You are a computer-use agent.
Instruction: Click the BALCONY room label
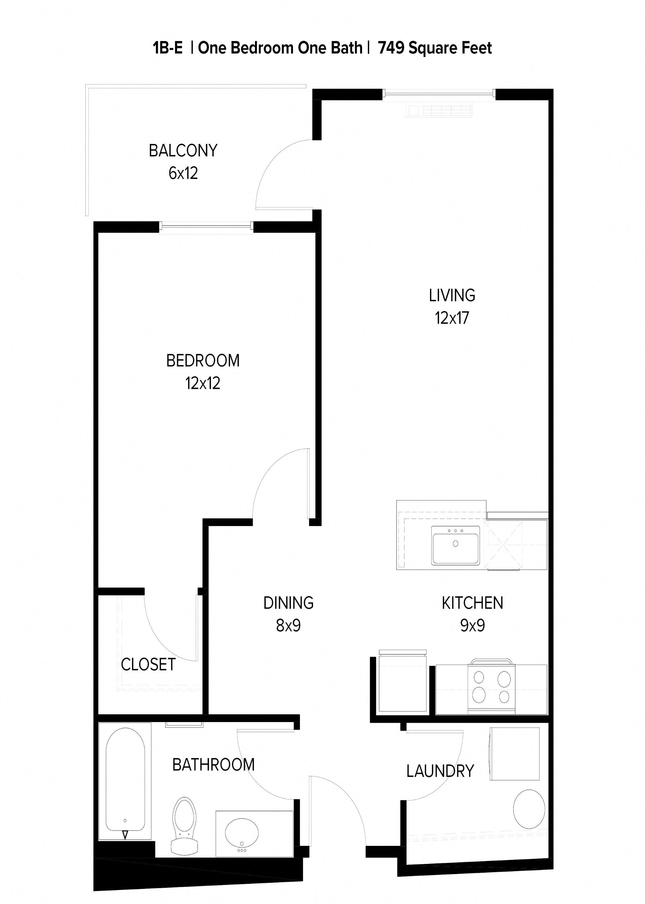click(x=183, y=151)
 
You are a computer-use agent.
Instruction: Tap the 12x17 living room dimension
click(x=451, y=318)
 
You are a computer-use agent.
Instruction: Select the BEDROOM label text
click(x=203, y=361)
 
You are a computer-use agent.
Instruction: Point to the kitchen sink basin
click(x=456, y=544)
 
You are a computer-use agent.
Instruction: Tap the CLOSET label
click(x=148, y=665)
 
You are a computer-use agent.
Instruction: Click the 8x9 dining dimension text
click(x=288, y=626)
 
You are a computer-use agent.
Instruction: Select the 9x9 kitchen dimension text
click(x=472, y=626)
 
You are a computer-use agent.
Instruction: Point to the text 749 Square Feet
click(x=435, y=48)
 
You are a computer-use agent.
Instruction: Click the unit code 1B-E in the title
click(x=168, y=48)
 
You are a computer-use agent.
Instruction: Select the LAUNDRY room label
click(x=440, y=771)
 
